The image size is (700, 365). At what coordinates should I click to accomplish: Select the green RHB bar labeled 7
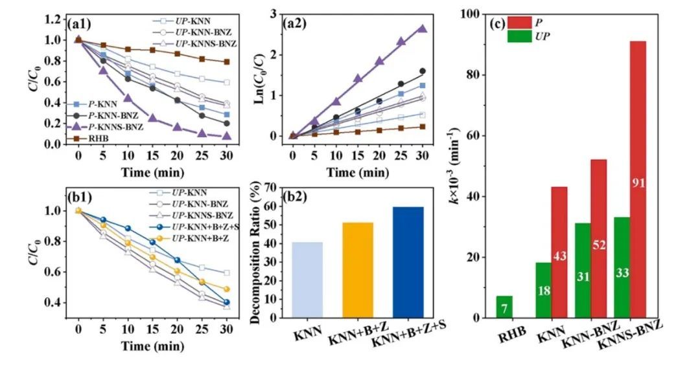coord(504,307)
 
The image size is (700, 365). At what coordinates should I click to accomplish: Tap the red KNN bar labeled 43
coord(559,252)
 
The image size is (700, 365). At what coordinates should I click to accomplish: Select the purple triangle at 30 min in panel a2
coord(421,28)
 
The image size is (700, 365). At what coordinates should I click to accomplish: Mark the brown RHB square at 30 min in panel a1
coord(226,62)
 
